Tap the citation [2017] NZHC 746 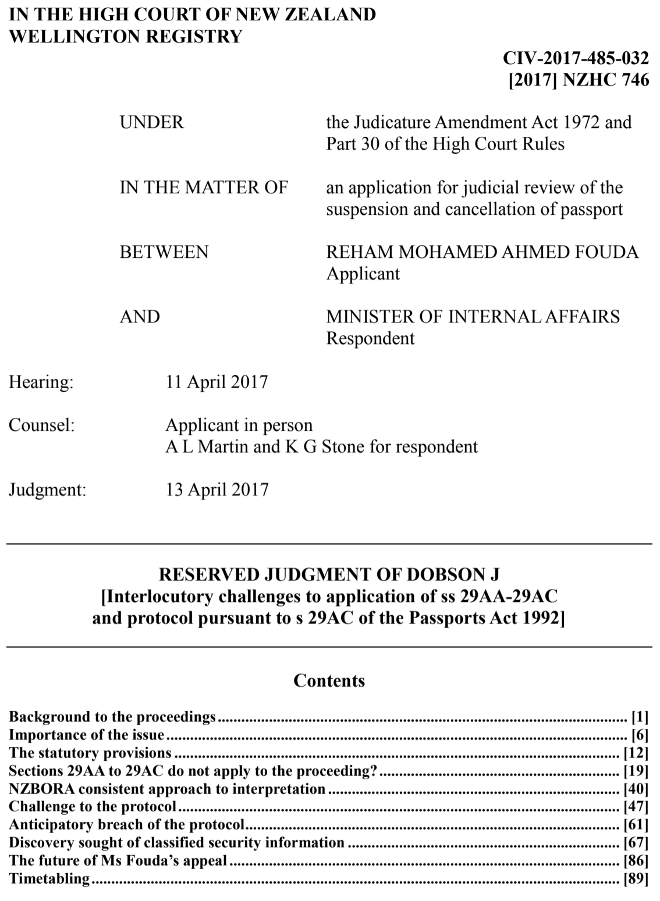[579, 79]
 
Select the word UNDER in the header [151, 122]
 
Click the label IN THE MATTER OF [204, 187]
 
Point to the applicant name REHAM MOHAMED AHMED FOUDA [482, 252]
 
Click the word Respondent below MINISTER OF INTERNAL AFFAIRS [370, 338]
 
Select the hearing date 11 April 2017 [217, 382]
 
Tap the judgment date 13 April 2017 [217, 489]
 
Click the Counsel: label [41, 425]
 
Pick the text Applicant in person [239, 425]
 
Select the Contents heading [329, 680]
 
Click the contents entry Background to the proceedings [112, 716]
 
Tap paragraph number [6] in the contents [640, 735]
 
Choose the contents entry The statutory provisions [90, 753]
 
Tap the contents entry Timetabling [50, 878]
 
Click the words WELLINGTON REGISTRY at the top [125, 36]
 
